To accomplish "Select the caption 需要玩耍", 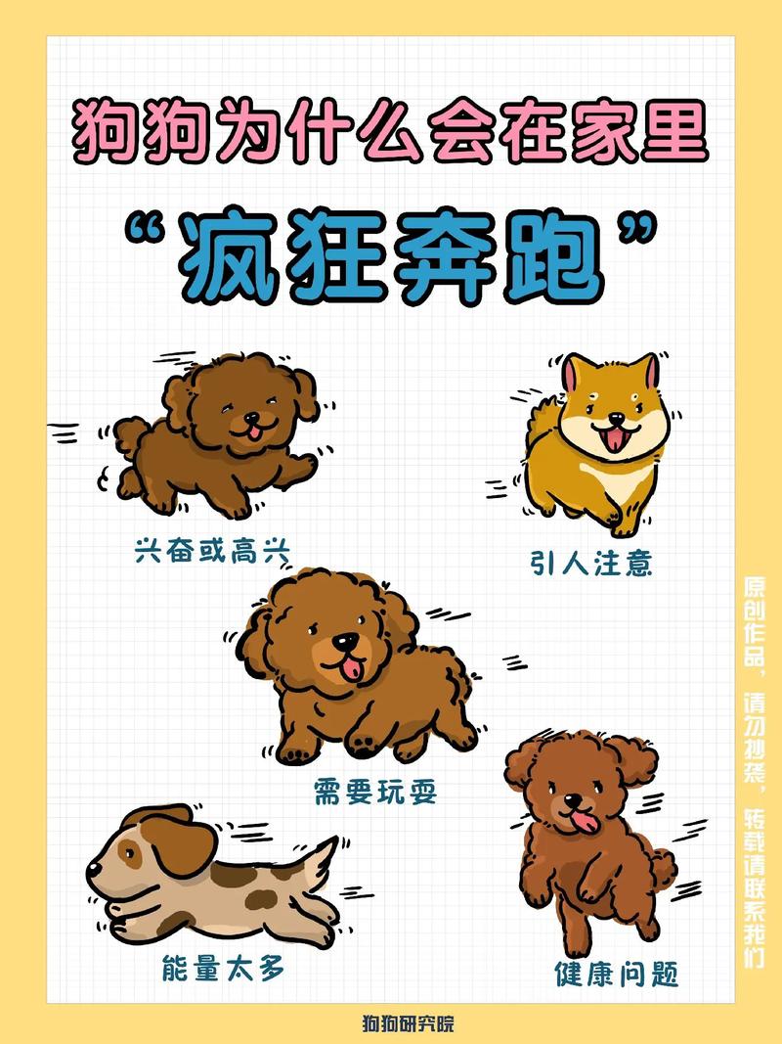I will pos(375,790).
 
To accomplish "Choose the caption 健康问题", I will pos(616,974).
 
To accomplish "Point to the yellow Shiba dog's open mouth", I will pos(614,438).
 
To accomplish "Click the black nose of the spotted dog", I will pos(93,868).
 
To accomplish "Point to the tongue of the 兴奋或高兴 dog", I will pos(251,430).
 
